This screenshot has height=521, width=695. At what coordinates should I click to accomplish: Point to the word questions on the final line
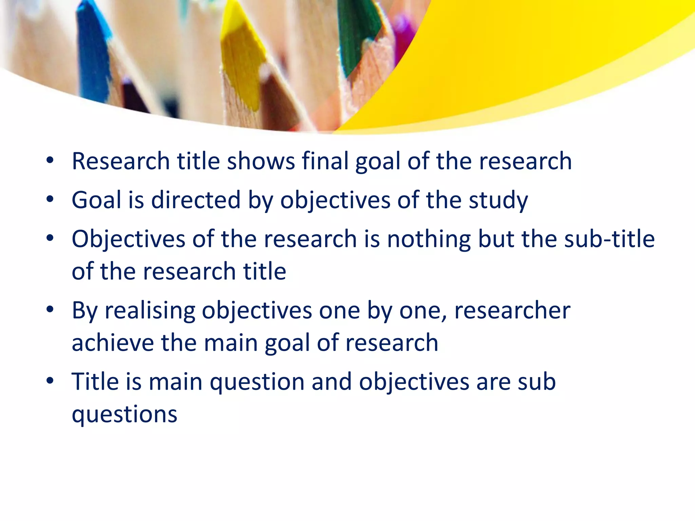(x=124, y=414)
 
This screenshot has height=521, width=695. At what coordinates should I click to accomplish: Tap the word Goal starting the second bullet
(x=96, y=200)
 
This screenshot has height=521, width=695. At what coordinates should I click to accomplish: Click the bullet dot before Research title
(x=50, y=160)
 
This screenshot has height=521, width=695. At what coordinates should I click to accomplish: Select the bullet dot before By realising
(x=50, y=310)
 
